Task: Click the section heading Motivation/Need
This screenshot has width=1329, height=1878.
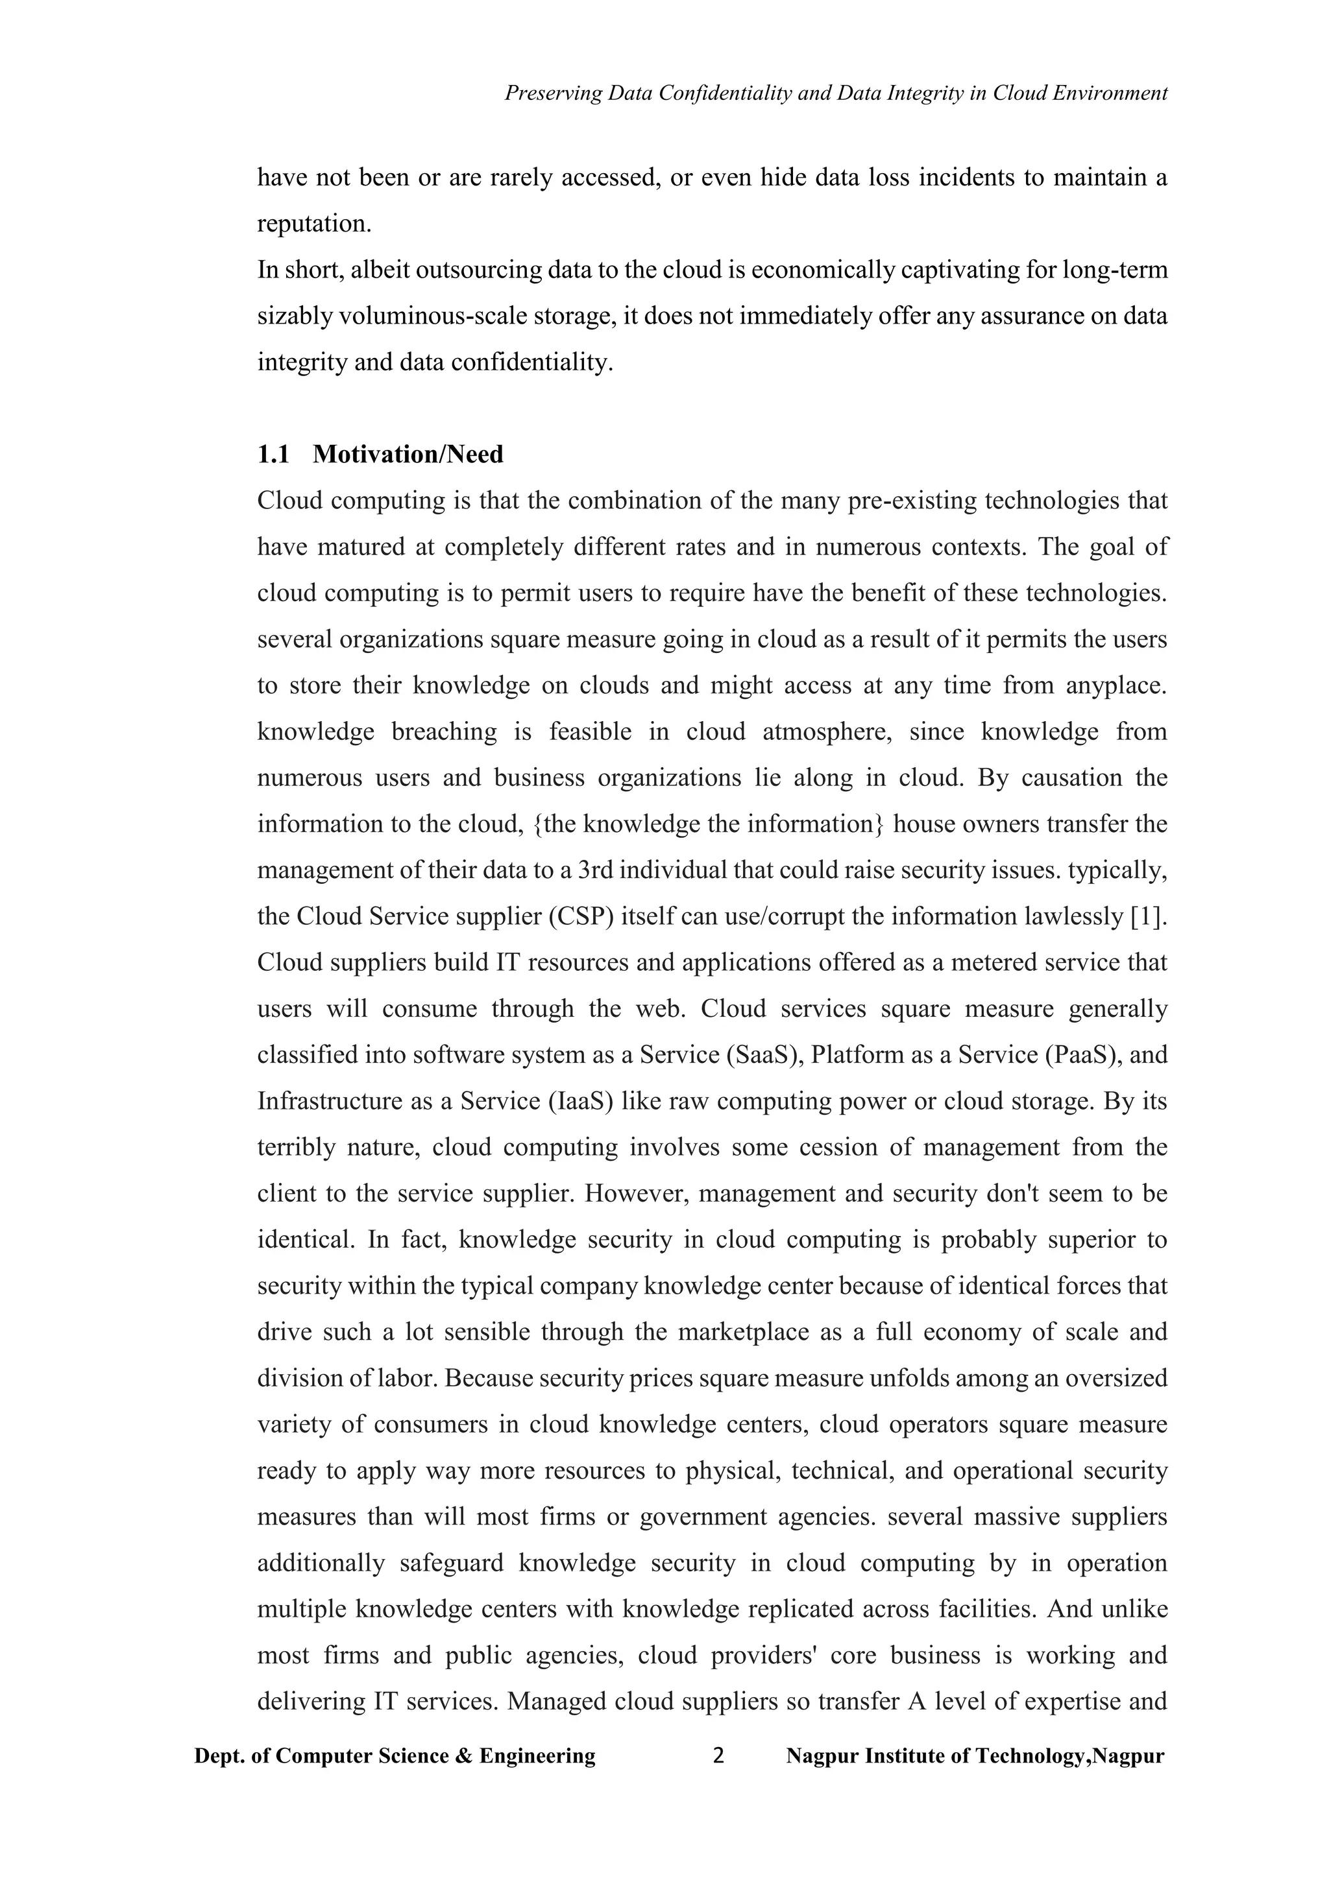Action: coord(408,455)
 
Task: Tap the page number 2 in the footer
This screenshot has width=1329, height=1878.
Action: coord(718,1756)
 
